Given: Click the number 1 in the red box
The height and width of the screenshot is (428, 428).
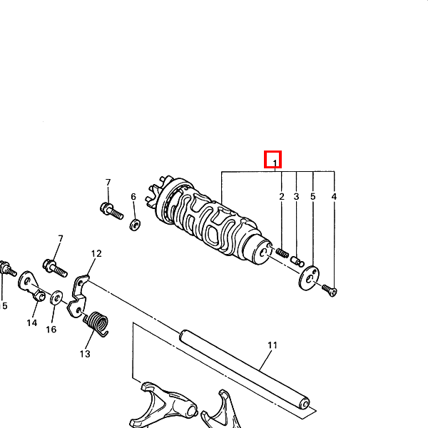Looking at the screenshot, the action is point(275,163).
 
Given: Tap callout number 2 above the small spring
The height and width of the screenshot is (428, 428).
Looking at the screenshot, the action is point(282,197).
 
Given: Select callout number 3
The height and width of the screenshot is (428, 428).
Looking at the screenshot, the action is point(297,197).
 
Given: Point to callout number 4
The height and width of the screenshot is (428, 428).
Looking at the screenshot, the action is point(334,197).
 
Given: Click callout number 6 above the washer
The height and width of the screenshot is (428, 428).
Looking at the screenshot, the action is point(133,197).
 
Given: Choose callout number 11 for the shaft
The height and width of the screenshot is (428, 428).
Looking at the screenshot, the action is point(272,345).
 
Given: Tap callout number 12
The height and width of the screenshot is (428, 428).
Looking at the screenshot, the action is point(96,253).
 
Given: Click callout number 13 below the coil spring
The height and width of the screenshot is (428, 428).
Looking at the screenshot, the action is point(85,354).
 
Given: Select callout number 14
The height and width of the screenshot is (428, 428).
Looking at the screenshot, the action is point(32,323).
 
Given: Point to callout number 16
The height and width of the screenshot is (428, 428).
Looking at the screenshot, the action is point(51,330).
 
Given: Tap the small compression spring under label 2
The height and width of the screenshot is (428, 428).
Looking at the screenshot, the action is point(282,253).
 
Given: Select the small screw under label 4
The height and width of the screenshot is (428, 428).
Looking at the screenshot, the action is point(330,290).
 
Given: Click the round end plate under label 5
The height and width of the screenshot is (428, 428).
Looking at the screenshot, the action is point(309,278).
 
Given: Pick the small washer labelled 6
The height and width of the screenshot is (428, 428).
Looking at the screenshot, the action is point(135,225).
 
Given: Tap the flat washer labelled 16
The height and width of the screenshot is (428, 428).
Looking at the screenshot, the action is point(56,297).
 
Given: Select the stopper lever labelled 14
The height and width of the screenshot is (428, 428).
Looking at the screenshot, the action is point(31,285).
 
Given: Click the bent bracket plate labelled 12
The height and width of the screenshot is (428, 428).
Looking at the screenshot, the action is point(78,297).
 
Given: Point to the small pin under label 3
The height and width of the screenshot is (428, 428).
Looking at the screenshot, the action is point(297,262).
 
